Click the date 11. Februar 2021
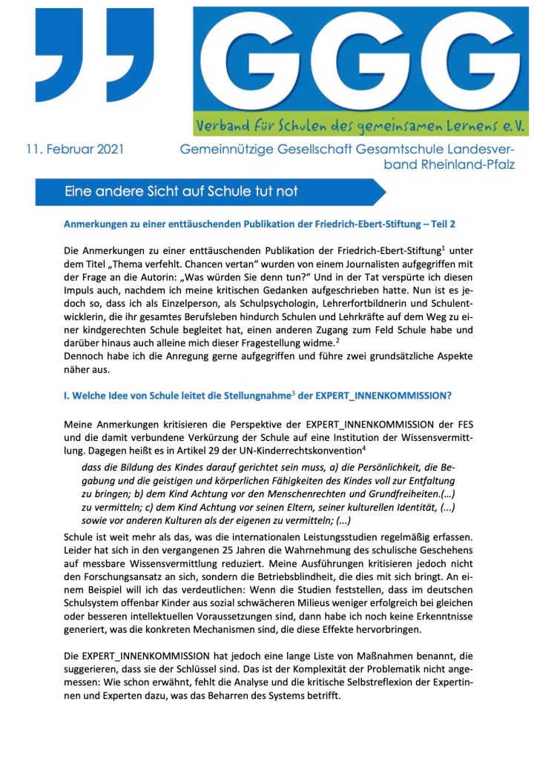pyautogui.click(x=72, y=150)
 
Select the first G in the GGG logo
pyautogui.click(x=250, y=60)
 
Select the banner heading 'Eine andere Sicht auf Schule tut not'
pyautogui.click(x=182, y=192)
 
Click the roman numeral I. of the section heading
pyautogui.click(x=67, y=396)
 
